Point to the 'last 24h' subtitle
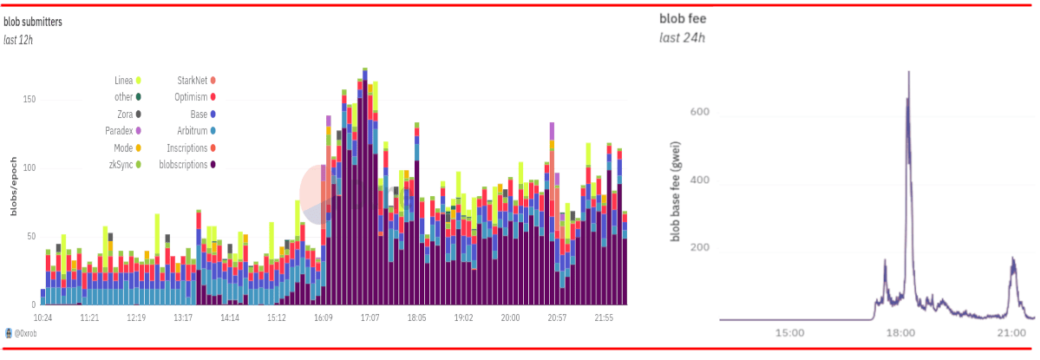pyautogui.click(x=683, y=37)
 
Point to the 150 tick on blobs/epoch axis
pyautogui.click(x=29, y=100)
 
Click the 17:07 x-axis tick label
pyautogui.click(x=370, y=318)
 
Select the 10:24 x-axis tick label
pyautogui.click(x=42, y=318)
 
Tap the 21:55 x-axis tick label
pyautogui.click(x=604, y=318)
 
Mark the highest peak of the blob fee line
pyautogui.click(x=908, y=72)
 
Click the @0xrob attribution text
pyautogui.click(x=24, y=334)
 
